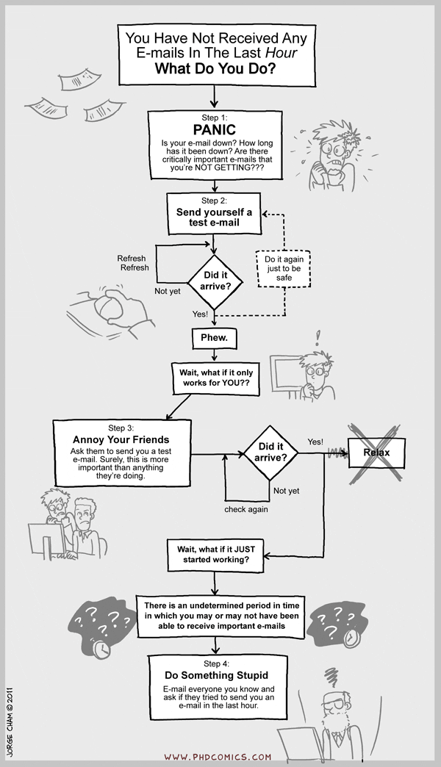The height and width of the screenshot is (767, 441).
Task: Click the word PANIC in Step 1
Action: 215,129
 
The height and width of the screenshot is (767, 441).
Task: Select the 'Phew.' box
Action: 214,338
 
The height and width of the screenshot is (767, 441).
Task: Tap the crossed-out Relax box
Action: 376,453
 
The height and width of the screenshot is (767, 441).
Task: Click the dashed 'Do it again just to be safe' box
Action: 284,269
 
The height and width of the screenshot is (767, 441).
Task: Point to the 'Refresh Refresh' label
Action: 132,263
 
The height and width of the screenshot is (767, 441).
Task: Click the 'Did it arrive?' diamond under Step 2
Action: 215,281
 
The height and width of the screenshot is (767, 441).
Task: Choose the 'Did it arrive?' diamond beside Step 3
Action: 270,453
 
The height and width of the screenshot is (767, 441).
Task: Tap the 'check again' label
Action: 246,509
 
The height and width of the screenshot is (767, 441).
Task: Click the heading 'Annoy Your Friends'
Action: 121,440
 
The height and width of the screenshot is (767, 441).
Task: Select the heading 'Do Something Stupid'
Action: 216,675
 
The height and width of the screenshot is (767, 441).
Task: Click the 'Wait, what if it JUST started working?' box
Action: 215,555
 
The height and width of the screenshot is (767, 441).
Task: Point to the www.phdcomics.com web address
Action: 218,757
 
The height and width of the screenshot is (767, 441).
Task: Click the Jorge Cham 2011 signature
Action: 10,722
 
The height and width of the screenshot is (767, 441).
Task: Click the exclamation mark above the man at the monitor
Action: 318,337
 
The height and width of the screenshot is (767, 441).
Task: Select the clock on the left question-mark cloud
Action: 102,649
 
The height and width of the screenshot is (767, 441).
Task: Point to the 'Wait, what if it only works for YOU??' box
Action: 215,378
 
